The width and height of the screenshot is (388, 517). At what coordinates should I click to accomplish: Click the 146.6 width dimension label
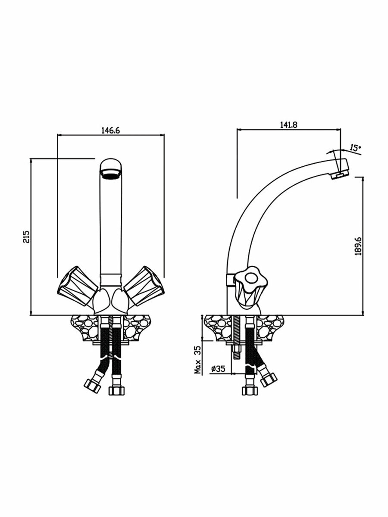point(111,130)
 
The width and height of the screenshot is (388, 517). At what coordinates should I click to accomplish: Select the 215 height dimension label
point(26,237)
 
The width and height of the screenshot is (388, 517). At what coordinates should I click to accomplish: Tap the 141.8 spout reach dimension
point(288,125)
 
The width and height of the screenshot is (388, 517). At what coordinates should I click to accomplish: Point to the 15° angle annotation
point(355,148)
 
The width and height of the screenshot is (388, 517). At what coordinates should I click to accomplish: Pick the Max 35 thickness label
point(198,359)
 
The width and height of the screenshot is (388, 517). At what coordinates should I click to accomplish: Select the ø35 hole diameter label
point(218,369)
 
